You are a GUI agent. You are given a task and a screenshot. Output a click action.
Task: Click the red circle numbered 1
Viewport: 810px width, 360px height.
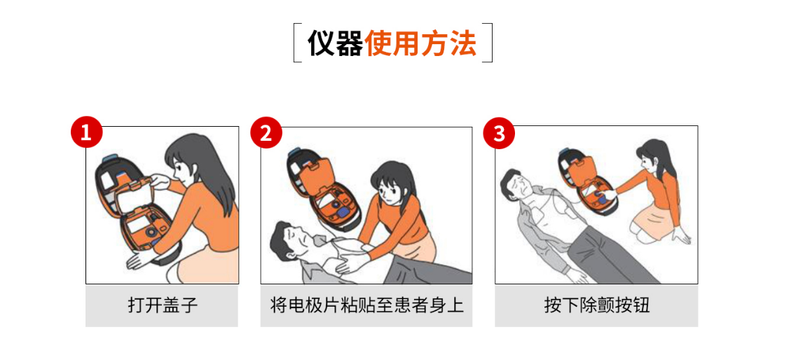coord(86,132)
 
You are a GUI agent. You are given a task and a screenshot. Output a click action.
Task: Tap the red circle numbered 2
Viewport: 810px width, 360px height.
coord(266,132)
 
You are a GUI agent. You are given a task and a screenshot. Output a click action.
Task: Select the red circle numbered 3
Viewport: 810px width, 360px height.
coord(499,132)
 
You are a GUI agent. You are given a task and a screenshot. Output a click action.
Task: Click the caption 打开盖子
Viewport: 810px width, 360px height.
coord(162,305)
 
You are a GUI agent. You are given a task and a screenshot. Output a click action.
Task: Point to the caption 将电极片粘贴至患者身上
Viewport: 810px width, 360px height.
coord(366,305)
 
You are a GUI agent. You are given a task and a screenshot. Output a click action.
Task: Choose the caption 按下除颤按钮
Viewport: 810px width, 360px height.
coord(596,305)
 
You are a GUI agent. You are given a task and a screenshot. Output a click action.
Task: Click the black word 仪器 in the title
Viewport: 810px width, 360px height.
coord(335,43)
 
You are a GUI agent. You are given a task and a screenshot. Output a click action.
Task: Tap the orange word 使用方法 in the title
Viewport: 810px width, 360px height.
coord(420,43)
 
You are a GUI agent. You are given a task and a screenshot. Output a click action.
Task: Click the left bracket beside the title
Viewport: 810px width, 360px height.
coord(296,43)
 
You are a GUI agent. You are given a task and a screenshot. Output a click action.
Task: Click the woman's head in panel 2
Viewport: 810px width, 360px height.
coord(387,181)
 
